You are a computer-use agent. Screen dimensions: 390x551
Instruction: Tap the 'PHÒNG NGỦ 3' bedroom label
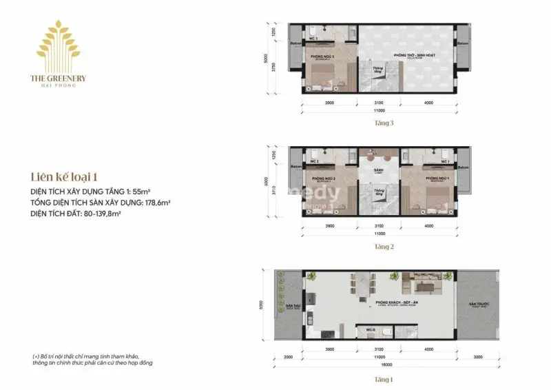323,56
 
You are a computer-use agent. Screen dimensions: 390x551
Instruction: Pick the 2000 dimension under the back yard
288,358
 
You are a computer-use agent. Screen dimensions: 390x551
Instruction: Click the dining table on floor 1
361,283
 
